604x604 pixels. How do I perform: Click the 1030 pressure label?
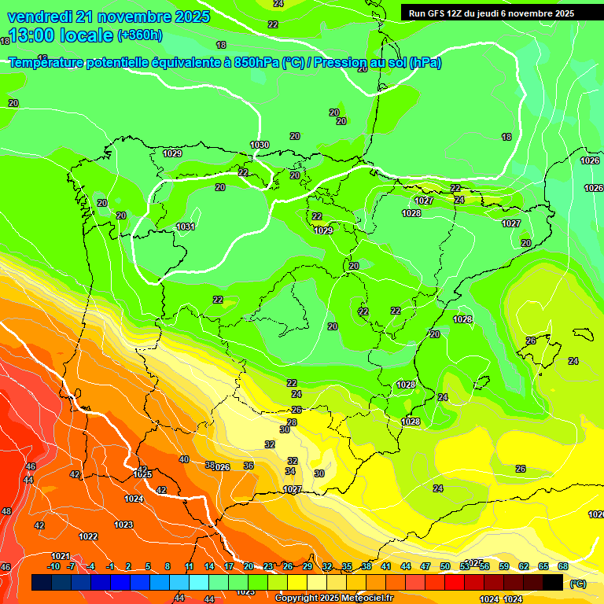pyautogui.click(x=260, y=145)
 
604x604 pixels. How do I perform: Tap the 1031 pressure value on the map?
pyautogui.click(x=186, y=226)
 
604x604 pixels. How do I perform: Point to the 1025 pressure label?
pyautogui.click(x=142, y=474)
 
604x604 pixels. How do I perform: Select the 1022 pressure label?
pyautogui.click(x=88, y=536)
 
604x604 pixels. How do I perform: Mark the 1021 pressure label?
pyautogui.click(x=61, y=556)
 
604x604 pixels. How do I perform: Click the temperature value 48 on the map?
pyautogui.click(x=6, y=511)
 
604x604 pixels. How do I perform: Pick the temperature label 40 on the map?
pyautogui.click(x=184, y=459)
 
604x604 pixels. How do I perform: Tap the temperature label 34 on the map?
pyautogui.click(x=290, y=471)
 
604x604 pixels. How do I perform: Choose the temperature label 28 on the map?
pyautogui.click(x=292, y=422)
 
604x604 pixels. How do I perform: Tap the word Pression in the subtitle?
pyautogui.click(x=341, y=63)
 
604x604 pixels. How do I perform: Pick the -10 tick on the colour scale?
pyautogui.click(x=53, y=566)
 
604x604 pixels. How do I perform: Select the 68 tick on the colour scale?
pyautogui.click(x=563, y=566)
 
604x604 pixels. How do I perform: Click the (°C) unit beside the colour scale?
pyautogui.click(x=577, y=584)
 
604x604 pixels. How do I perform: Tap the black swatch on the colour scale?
pyautogui.click(x=553, y=583)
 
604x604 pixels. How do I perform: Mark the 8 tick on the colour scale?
pyautogui.click(x=168, y=566)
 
